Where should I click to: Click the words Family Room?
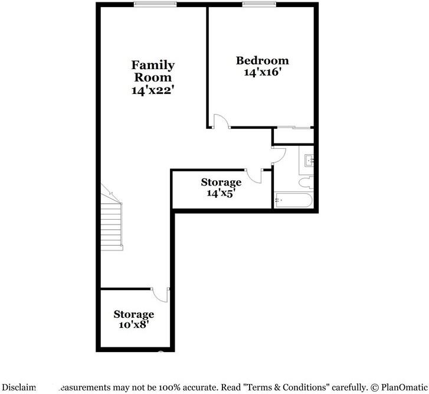coord(152,71)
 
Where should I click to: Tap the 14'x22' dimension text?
coord(152,90)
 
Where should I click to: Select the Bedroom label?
coord(262,60)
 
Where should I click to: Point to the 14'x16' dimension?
coord(262,73)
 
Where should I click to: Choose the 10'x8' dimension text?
coord(134,324)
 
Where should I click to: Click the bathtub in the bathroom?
coord(293,201)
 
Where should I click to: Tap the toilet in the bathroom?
coord(306,181)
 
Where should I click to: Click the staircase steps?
coord(112,224)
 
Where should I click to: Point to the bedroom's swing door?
coord(221,121)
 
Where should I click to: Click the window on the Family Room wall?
coord(155,4)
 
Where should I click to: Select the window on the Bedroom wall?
coord(259,4)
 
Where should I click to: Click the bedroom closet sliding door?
coord(293,127)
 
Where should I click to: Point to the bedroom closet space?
coord(293,135)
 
